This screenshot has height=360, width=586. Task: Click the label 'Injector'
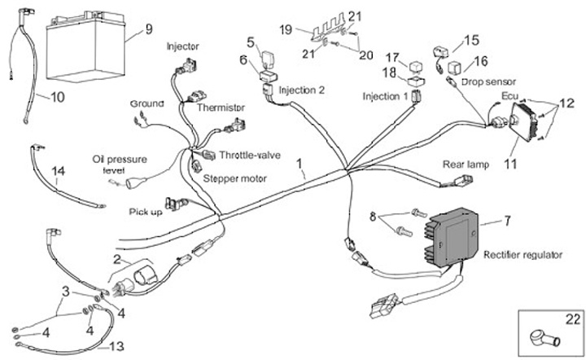tap(183, 46)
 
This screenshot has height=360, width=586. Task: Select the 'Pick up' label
tap(146, 212)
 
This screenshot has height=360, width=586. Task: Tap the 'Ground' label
tap(146, 104)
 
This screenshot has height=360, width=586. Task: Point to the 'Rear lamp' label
tap(466, 165)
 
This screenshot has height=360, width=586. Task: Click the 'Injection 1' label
tap(386, 97)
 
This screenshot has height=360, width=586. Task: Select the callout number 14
tap(58, 171)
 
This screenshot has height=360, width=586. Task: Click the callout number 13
tap(118, 346)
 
